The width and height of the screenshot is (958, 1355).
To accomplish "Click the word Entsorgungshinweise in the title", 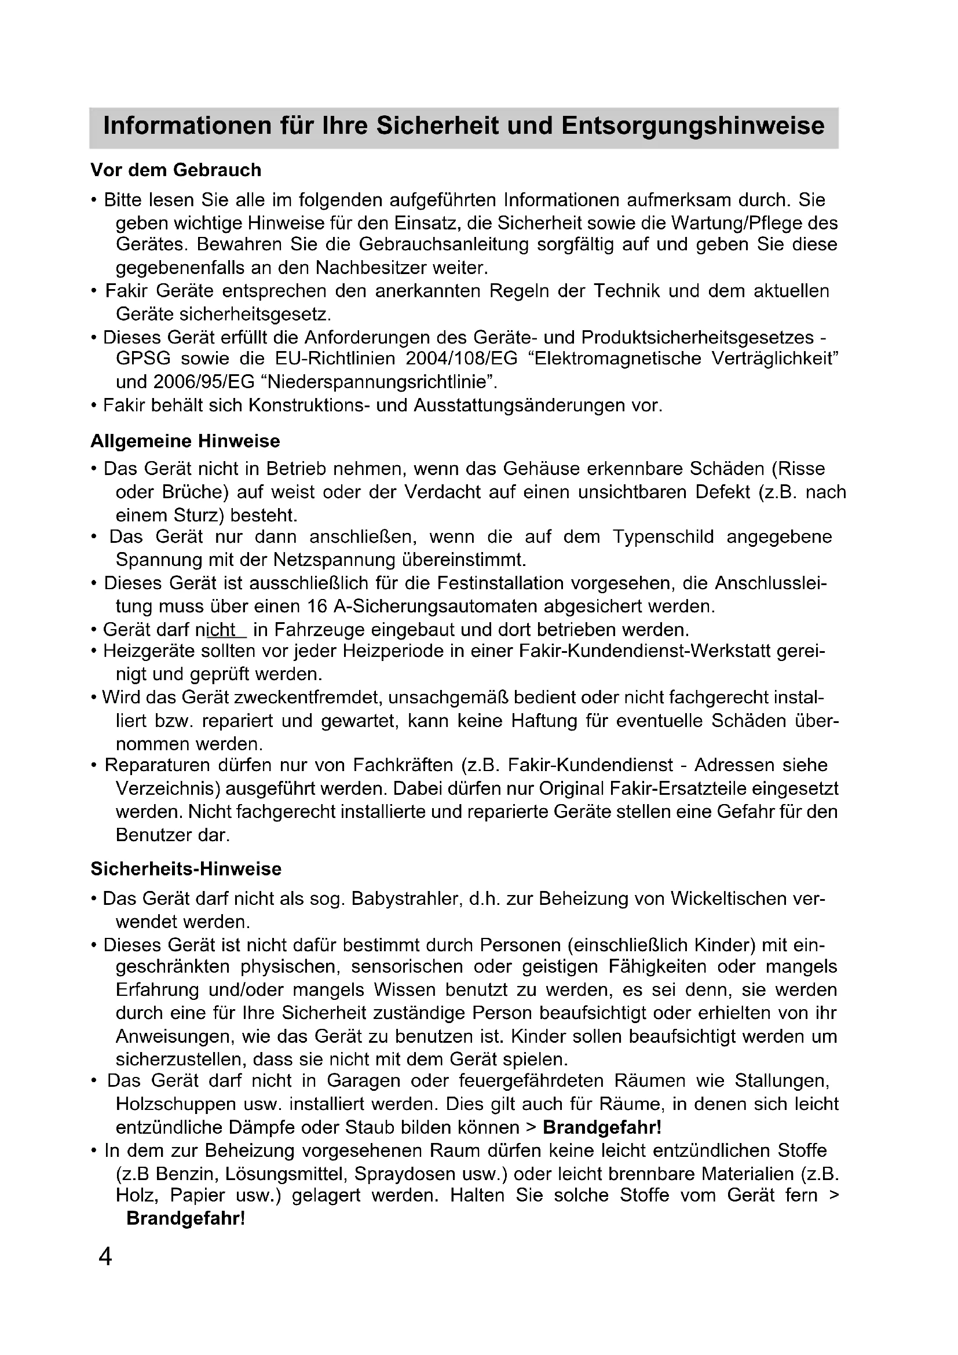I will click(x=693, y=126).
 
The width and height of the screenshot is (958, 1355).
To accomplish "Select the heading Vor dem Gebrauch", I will click(x=176, y=170).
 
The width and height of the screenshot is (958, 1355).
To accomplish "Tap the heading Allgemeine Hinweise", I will click(x=185, y=441).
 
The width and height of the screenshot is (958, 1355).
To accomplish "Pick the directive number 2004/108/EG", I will click(x=466, y=359).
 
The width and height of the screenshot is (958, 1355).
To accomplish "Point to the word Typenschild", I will click(x=663, y=536).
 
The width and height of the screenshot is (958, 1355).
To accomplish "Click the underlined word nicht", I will click(x=221, y=630).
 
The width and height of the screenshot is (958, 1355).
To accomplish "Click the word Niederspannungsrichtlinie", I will click(x=379, y=382).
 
